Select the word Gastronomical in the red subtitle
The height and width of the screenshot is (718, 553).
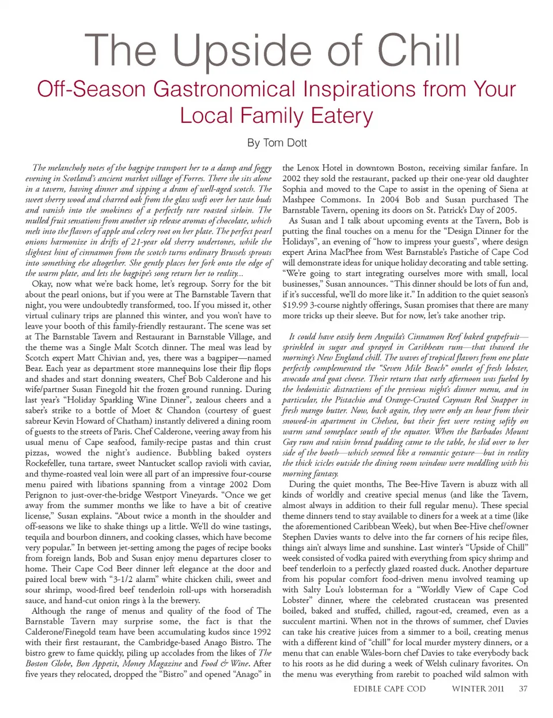[250, 89]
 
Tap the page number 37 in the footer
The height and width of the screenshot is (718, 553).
[522, 689]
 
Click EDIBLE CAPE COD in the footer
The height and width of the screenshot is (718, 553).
[389, 689]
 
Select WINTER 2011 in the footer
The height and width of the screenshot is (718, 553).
[478, 689]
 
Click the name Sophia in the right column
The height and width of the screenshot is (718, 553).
[294, 189]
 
